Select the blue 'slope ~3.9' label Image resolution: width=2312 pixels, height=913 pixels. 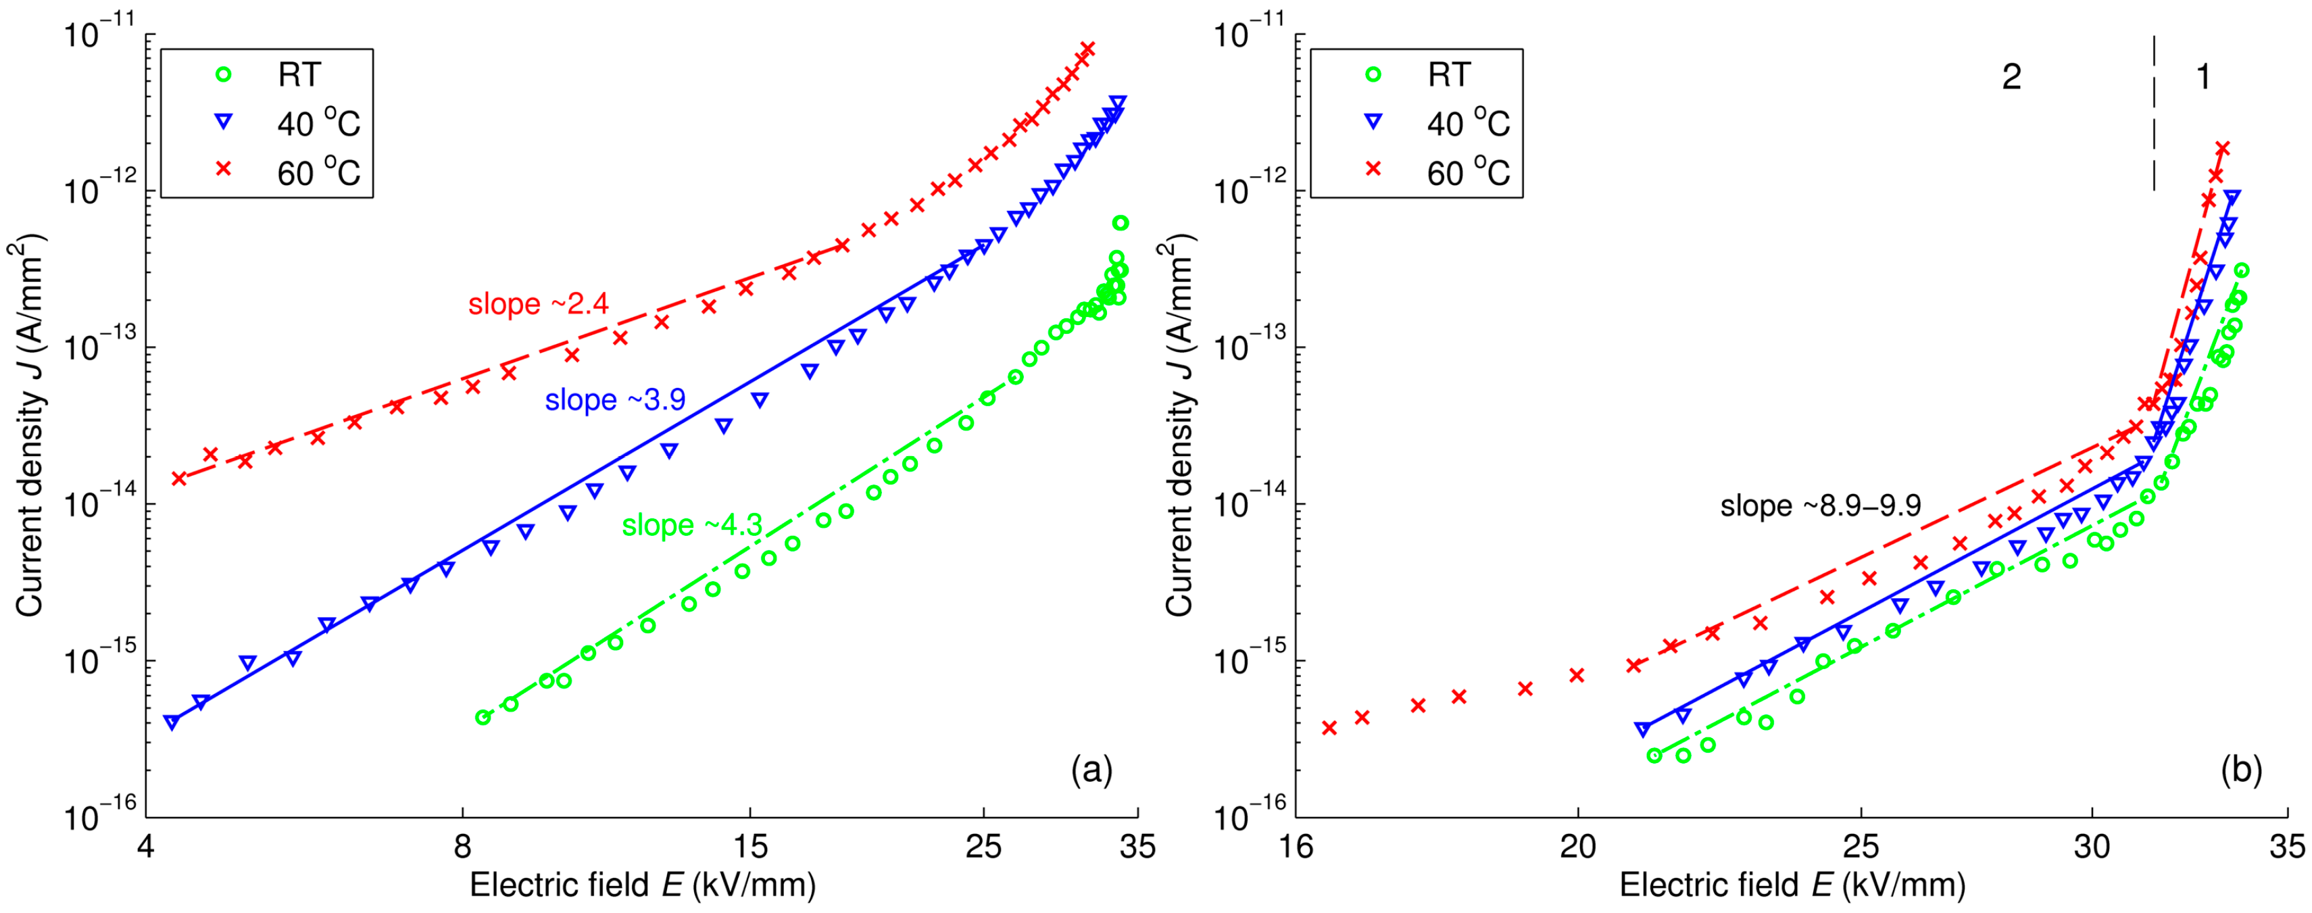click(x=615, y=399)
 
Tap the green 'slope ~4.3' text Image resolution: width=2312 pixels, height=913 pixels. click(x=692, y=525)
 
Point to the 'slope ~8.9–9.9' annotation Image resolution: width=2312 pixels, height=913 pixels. click(x=1820, y=505)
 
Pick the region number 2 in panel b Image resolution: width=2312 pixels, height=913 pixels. click(x=2011, y=77)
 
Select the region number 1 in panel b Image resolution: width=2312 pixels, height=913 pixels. click(x=2203, y=77)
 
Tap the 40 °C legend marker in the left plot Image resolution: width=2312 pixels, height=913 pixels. click(x=224, y=122)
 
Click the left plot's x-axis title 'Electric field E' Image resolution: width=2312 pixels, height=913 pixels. click(x=643, y=885)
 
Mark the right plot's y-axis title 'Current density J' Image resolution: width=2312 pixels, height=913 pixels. click(x=1179, y=426)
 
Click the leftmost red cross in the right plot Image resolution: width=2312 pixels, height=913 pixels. click(x=1329, y=728)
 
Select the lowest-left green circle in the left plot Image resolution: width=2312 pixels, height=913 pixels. click(x=483, y=717)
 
